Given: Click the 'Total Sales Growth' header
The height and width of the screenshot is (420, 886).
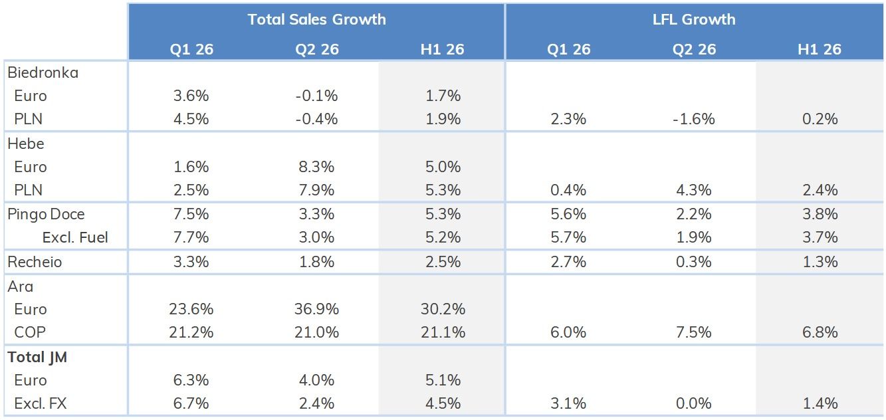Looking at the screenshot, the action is tap(316, 19).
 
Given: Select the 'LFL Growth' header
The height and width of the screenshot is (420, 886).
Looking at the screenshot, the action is tap(694, 19).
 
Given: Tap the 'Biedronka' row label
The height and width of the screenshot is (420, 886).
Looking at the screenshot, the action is tap(43, 72).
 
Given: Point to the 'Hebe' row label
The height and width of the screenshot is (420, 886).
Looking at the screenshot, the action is tap(26, 144).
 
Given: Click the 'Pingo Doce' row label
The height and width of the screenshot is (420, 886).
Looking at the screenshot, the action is tap(46, 215).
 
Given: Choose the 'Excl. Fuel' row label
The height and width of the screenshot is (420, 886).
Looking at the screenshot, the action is tap(75, 237).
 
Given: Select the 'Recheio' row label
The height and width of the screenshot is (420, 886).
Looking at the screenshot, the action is tap(35, 262).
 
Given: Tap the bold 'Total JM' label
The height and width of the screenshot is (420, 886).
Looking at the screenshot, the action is tap(37, 357).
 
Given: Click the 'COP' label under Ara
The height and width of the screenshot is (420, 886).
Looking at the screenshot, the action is tap(30, 332).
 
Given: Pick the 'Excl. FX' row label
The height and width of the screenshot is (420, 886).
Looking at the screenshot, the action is tap(41, 403).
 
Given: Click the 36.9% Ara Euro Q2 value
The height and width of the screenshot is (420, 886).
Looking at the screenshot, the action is tap(316, 309).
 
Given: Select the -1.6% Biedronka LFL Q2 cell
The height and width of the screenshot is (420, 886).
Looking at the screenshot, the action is tap(694, 119).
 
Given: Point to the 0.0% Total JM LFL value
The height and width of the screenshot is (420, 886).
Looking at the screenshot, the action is tap(694, 403).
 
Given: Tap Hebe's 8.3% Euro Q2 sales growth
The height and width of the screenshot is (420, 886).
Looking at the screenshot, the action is tap(316, 167).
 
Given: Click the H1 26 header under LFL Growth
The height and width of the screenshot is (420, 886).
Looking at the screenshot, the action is tap(820, 49).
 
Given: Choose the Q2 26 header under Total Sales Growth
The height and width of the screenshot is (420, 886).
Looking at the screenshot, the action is tap(317, 49).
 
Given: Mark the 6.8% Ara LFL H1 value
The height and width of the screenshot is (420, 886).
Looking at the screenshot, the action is tap(820, 332).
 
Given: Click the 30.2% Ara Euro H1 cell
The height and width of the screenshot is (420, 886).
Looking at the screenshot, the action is tap(443, 309).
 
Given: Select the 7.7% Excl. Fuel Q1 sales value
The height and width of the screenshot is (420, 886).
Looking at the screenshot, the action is tap(191, 237).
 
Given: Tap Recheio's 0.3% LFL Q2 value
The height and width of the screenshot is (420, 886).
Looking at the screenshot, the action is tap(694, 262).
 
